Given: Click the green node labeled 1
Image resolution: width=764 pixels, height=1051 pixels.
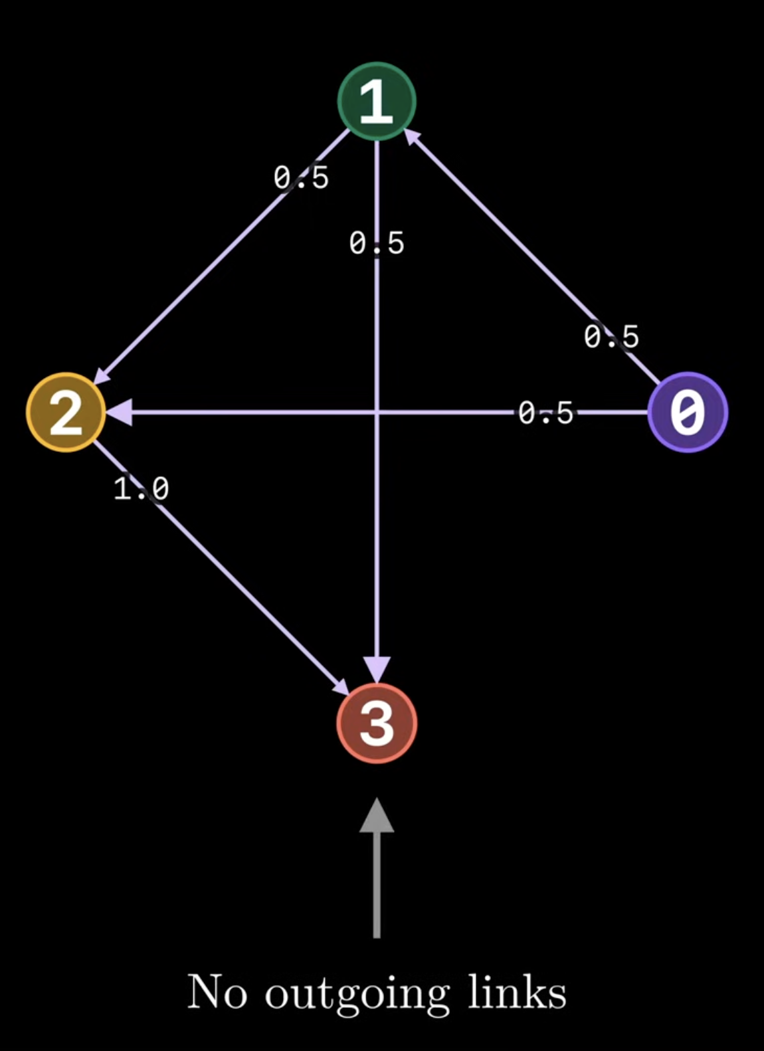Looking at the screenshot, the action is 377,102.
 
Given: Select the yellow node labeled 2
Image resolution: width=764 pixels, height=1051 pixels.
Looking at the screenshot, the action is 66,413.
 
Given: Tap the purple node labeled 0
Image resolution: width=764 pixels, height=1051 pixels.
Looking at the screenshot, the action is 688,413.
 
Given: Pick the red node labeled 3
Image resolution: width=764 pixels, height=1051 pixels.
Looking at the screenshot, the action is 377,723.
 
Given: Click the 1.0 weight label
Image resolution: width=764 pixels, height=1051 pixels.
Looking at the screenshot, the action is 142,488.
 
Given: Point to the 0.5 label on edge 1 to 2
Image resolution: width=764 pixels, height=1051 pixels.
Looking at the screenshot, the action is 302,178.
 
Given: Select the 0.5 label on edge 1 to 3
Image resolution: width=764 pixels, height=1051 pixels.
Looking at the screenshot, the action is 377,244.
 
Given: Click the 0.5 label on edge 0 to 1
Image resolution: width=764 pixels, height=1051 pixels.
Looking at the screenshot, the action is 611,337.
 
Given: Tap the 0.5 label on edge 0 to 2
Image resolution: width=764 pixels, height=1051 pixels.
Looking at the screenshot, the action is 546,413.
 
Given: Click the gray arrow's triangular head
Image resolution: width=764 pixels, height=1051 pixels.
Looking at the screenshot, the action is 377,815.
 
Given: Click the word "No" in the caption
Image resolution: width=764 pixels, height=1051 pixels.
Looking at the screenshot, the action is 217,991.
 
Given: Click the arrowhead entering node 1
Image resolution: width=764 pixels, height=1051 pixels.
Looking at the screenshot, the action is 412,137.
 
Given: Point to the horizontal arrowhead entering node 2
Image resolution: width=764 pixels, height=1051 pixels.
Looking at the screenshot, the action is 119,413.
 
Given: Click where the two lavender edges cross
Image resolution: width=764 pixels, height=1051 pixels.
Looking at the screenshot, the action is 377,413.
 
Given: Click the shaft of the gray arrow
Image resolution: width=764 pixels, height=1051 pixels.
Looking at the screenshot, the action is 377,886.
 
